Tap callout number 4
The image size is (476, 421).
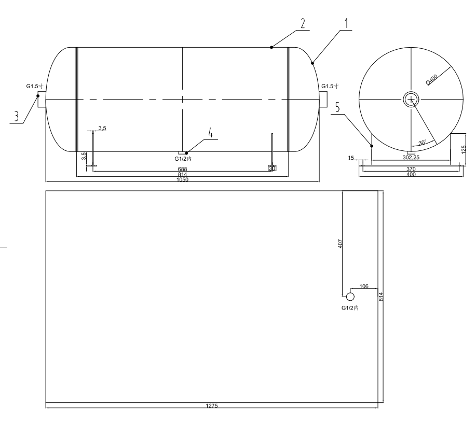click(x=211, y=133)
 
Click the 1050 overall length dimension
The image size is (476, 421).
click(x=182, y=179)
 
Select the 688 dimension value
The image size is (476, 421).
click(x=182, y=169)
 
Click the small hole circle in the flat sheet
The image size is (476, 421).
click(x=350, y=297)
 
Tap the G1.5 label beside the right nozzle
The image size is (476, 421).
click(x=330, y=87)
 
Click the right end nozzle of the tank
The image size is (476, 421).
click(x=323, y=99)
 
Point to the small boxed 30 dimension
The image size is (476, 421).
click(x=271, y=167)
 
